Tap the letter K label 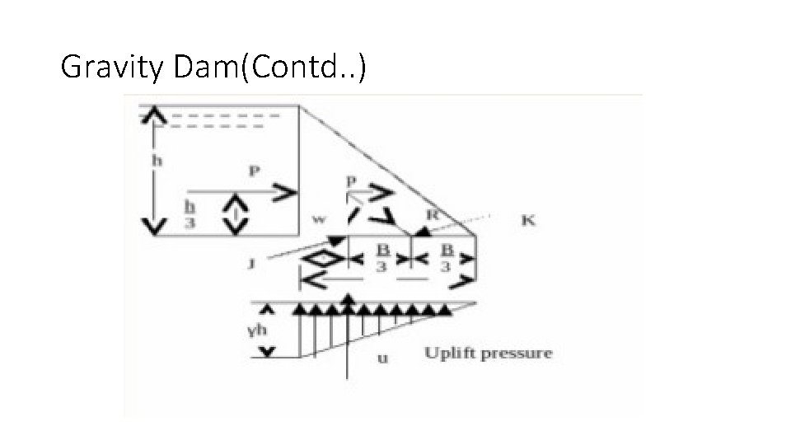click(528, 220)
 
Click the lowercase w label click(319, 219)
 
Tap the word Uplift click(449, 354)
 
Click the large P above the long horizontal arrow click(254, 171)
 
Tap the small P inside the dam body click(352, 180)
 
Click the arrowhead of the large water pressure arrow click(285, 194)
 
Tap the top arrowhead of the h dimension click(149, 116)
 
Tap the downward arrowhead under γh click(266, 352)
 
